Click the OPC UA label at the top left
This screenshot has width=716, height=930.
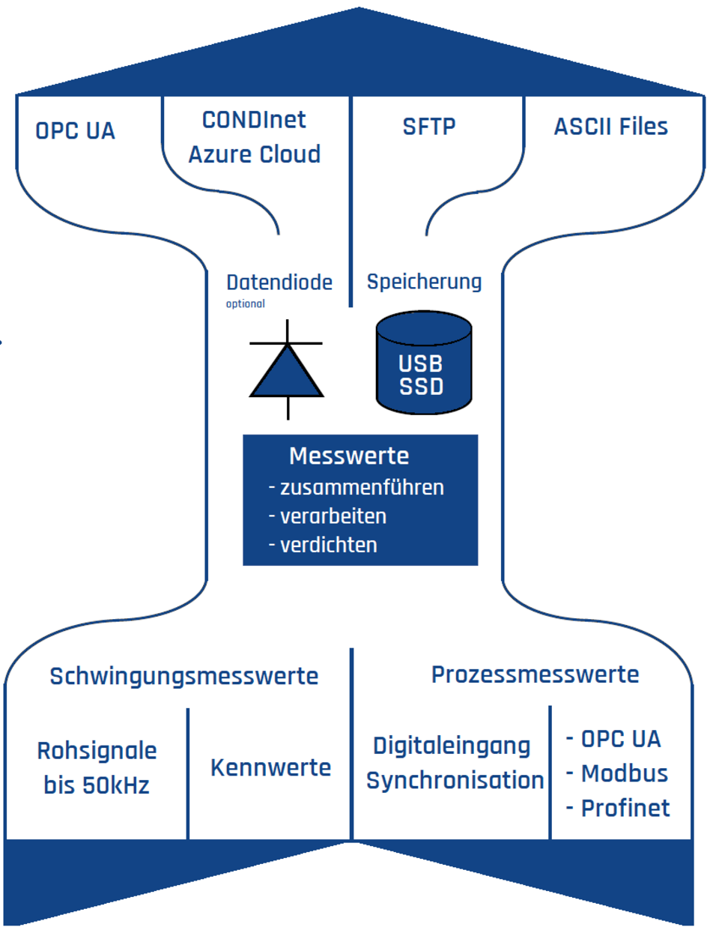75,131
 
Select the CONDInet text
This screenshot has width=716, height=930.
254,120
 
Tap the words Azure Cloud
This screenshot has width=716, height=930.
254,154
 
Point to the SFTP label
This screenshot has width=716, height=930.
428,127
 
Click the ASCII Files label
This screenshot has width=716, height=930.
610,127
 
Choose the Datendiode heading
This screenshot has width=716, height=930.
279,283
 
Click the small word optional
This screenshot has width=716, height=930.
245,304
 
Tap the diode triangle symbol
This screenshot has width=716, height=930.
287,372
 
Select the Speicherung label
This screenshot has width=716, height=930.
424,282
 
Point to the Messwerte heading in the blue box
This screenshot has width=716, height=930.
349,456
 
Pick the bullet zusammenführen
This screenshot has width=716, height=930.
361,488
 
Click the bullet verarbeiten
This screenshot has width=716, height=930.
333,516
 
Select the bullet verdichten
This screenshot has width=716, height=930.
328,545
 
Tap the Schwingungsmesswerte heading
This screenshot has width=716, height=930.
183,676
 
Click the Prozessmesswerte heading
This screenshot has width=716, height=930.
535,674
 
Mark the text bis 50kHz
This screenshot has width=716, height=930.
97,785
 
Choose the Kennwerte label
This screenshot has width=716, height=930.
270,767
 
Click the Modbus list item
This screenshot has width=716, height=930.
623,773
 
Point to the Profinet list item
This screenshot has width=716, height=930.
625,808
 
